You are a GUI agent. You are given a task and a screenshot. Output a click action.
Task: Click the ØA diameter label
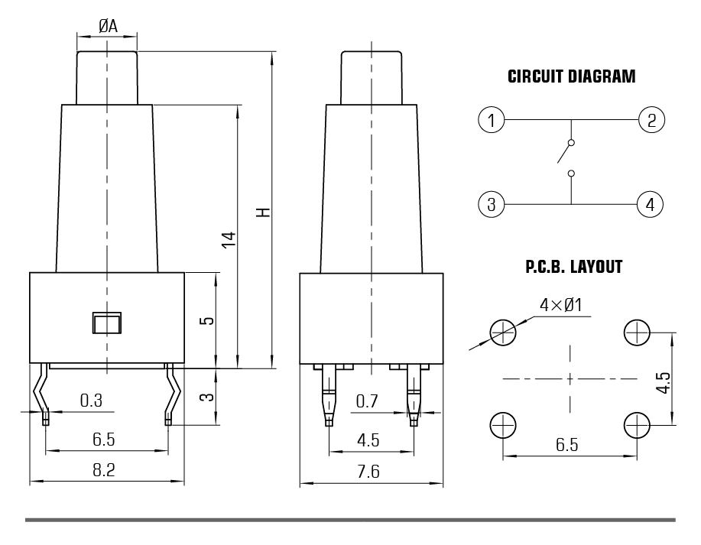(108, 26)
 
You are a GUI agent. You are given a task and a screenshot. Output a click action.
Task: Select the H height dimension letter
(263, 211)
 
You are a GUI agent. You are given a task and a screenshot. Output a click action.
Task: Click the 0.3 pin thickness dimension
(90, 400)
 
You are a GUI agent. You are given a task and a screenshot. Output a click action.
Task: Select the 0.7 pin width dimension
(368, 400)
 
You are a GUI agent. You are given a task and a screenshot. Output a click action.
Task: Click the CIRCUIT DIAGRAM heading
(571, 76)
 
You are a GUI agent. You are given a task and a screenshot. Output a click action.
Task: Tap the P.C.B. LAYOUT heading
(573, 268)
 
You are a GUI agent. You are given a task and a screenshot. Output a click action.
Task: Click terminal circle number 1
(492, 120)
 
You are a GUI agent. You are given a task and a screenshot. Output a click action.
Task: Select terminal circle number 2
(651, 120)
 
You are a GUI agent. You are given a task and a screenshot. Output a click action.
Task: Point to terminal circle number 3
(492, 204)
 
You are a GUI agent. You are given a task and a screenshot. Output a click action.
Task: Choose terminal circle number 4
(651, 204)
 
